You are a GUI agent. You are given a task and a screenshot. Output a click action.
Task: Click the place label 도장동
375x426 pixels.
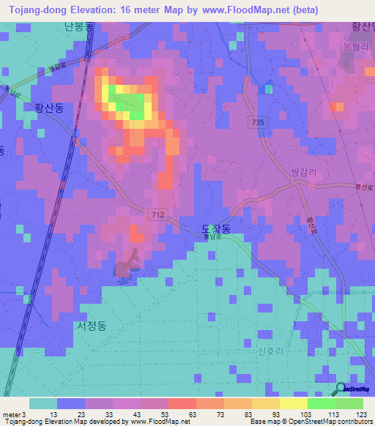tap(216, 229)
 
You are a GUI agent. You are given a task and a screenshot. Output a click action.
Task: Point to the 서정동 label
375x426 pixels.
tap(91, 326)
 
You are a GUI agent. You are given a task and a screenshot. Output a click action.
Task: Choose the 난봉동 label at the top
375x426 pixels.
tap(79, 27)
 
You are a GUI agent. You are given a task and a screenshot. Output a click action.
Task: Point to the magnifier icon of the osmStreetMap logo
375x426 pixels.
tap(341, 389)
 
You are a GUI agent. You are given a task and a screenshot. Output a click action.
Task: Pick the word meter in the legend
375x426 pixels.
tap(11, 414)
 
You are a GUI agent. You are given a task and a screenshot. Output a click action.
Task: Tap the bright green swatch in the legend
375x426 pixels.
tap(321, 403)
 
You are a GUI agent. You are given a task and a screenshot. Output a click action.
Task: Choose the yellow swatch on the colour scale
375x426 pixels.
tap(265, 403)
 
